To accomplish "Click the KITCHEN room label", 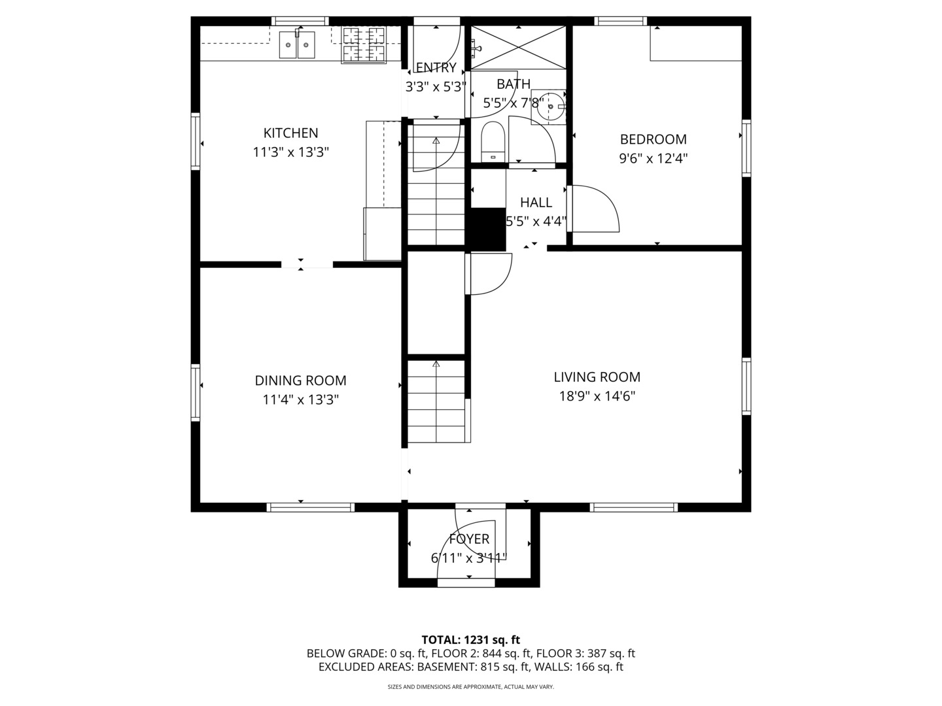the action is (290, 133).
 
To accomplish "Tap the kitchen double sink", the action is (297, 44).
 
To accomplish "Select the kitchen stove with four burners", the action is (364, 45).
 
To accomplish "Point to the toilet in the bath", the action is (492, 142).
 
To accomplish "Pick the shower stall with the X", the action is (518, 47).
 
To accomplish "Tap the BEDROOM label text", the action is (653, 139).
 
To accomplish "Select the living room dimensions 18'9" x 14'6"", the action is (597, 396).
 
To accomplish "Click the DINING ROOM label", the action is (300, 380).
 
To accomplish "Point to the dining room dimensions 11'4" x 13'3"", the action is (300, 400).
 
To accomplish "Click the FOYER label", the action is (469, 539).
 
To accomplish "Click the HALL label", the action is (536, 203).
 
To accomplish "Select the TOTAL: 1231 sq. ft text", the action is (471, 640).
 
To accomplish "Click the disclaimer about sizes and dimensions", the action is (471, 686).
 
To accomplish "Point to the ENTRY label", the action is (436, 68).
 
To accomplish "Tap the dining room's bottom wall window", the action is (310, 507).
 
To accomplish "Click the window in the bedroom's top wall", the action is (621, 21).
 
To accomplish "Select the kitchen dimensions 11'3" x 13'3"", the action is (290, 152).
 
